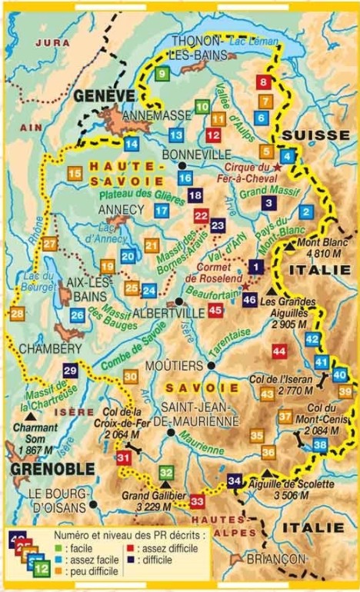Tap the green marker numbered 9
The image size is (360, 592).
point(161,74)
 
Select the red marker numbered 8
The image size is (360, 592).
point(265,82)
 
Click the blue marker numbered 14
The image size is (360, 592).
point(132,143)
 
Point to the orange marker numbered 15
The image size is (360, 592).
point(75,175)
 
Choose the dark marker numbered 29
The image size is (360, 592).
point(70,371)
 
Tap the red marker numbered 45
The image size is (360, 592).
point(215,310)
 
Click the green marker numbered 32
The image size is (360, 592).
point(166,473)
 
